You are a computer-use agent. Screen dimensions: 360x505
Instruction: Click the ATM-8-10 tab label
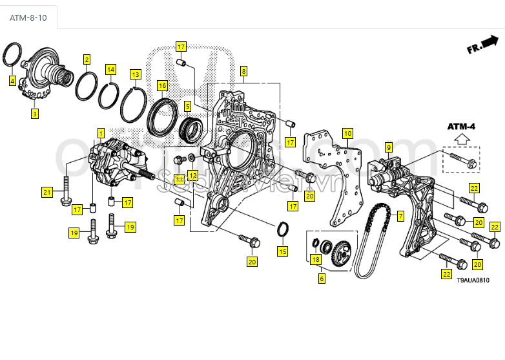click(x=28, y=17)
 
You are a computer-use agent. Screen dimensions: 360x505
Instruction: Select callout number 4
click(x=12, y=81)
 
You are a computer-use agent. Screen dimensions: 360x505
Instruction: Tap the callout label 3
click(x=34, y=114)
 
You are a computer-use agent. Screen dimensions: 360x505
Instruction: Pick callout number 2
click(x=87, y=59)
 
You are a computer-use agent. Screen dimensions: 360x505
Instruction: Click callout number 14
click(x=111, y=69)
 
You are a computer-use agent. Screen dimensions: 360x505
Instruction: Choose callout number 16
click(x=162, y=85)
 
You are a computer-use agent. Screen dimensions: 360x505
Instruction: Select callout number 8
click(x=243, y=71)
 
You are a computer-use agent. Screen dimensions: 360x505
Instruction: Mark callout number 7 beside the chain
click(x=400, y=216)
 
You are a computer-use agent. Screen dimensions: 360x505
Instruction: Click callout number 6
click(x=322, y=279)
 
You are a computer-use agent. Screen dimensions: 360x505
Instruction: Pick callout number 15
click(x=282, y=251)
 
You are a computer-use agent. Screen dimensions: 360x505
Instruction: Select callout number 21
click(x=46, y=192)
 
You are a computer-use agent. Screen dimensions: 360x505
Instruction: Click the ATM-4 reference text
click(x=461, y=126)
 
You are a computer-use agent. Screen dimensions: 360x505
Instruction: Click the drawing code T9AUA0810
click(x=473, y=281)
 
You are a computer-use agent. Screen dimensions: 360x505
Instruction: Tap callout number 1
click(x=100, y=132)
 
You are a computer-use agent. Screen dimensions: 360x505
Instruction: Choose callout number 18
click(x=315, y=260)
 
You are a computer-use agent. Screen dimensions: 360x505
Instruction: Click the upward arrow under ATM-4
click(x=461, y=138)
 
